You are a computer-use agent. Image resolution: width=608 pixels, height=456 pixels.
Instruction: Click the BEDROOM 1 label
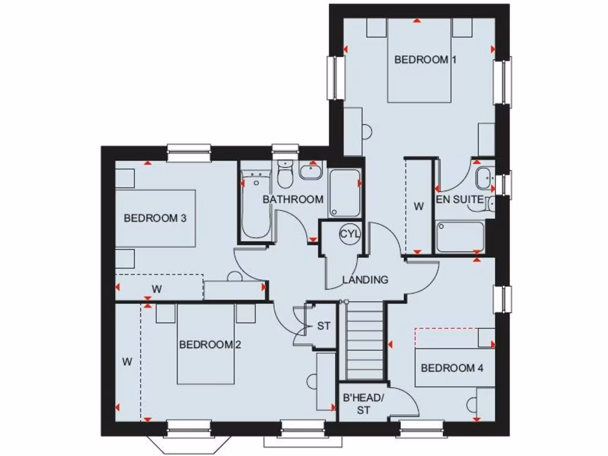[421, 60]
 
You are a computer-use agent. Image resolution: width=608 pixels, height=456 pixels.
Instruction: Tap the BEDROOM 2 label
[210, 344]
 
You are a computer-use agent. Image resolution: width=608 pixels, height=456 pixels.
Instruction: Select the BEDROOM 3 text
[155, 218]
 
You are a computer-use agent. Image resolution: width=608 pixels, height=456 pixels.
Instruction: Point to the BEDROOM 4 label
[452, 368]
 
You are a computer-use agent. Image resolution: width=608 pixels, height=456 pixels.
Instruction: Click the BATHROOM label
[293, 199]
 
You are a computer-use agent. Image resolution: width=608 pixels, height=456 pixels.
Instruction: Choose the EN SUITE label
[460, 199]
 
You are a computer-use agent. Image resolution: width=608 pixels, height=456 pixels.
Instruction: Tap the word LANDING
[365, 280]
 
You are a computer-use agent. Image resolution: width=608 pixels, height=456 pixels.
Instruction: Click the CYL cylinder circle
[350, 234]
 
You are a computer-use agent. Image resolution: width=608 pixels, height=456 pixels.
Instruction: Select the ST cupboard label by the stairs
[324, 326]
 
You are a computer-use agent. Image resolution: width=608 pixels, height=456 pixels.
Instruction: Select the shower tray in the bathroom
[345, 193]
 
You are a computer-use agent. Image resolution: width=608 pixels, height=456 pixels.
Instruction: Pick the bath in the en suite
[460, 237]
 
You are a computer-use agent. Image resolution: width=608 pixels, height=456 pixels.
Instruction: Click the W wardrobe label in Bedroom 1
[419, 207]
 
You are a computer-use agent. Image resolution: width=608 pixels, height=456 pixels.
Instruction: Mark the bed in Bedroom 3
[156, 218]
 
